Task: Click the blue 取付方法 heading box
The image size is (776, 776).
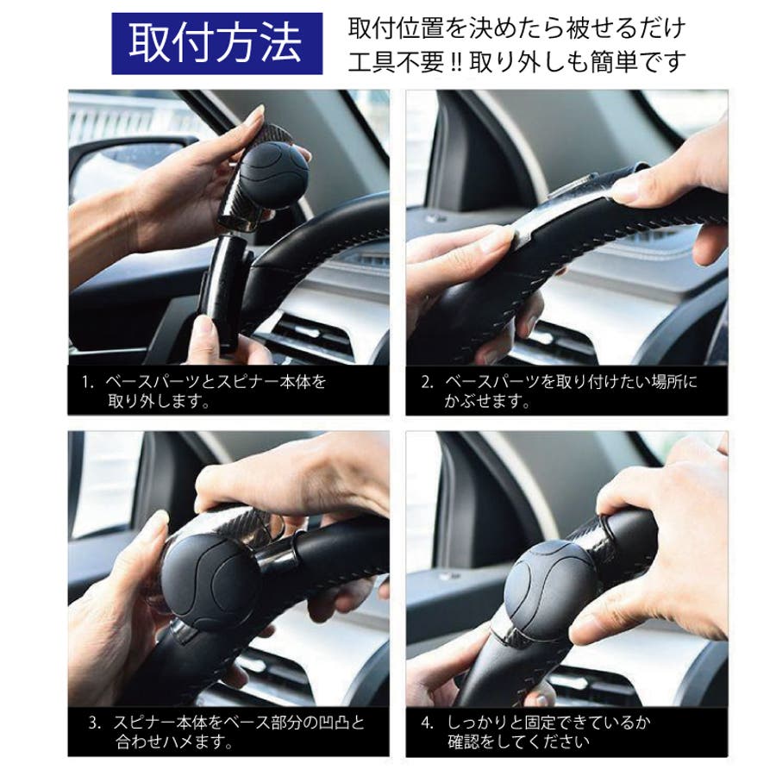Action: coord(216,44)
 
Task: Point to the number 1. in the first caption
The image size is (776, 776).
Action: coord(88,382)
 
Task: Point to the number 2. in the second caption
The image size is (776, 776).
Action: coord(427,382)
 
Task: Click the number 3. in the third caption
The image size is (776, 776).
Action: coord(95,723)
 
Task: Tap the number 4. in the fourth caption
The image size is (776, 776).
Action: coord(427,723)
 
